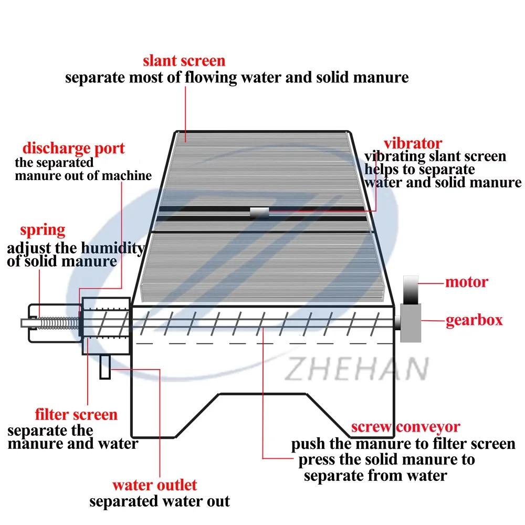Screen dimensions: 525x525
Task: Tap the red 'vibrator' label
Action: tap(412, 143)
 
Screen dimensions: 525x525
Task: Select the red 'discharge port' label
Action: tap(73, 149)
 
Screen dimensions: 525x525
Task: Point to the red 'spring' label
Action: tap(43, 230)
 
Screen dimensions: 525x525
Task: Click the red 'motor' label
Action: tap(466, 282)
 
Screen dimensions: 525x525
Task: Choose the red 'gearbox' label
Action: tap(474, 320)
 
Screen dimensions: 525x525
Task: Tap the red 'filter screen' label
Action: tap(76, 415)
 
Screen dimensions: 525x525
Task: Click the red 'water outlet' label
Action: tap(154, 485)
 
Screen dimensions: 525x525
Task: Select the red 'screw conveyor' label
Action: tap(405, 427)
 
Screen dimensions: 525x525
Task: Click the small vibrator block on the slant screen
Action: tap(259, 212)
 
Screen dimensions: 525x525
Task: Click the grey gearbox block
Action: tap(411, 321)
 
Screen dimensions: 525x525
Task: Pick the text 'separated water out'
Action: tap(159, 501)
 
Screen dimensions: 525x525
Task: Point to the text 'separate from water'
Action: tap(375, 476)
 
